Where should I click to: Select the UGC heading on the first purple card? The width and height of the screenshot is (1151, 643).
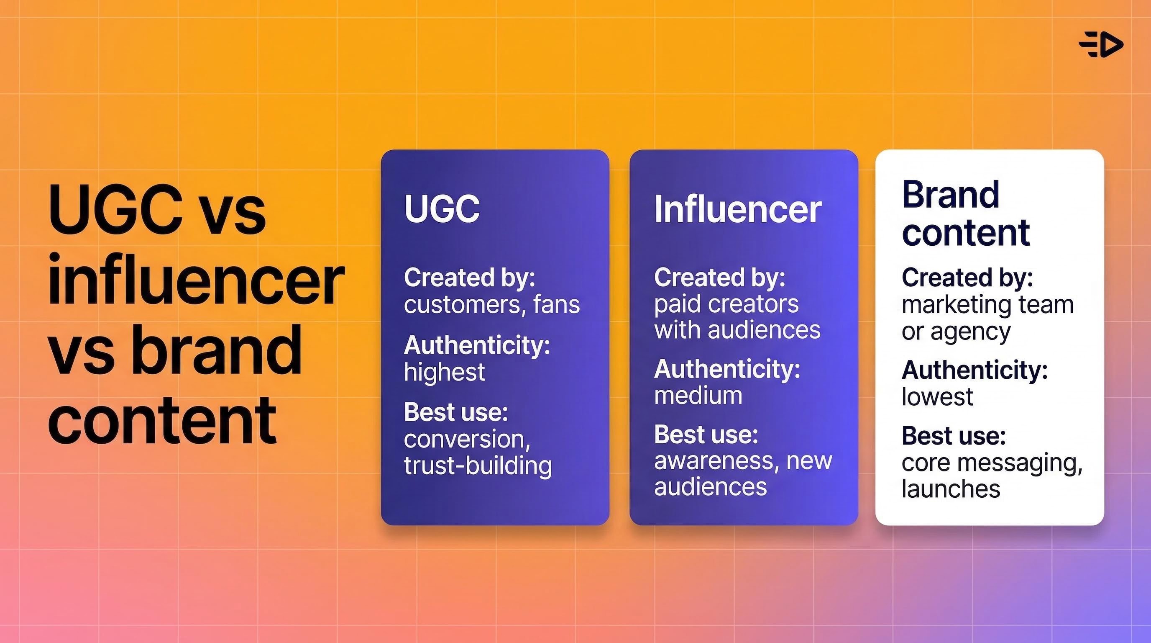(442, 208)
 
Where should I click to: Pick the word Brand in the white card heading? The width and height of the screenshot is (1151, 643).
(950, 195)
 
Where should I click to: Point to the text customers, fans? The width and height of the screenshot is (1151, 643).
(491, 304)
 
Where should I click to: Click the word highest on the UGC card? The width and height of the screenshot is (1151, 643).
(444, 372)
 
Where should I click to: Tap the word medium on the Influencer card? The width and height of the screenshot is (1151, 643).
(698, 396)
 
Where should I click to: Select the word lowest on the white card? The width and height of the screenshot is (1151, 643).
(937, 396)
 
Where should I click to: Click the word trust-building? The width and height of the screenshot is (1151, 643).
(478, 466)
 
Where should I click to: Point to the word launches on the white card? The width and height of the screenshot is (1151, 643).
(950, 489)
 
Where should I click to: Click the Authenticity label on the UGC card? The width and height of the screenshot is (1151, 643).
(477, 345)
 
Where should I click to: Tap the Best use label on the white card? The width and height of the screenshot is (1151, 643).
(954, 435)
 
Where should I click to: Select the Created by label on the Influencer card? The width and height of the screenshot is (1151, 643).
(719, 277)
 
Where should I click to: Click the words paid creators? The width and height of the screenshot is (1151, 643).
(726, 304)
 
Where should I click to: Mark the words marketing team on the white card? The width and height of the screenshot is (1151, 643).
(987, 305)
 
